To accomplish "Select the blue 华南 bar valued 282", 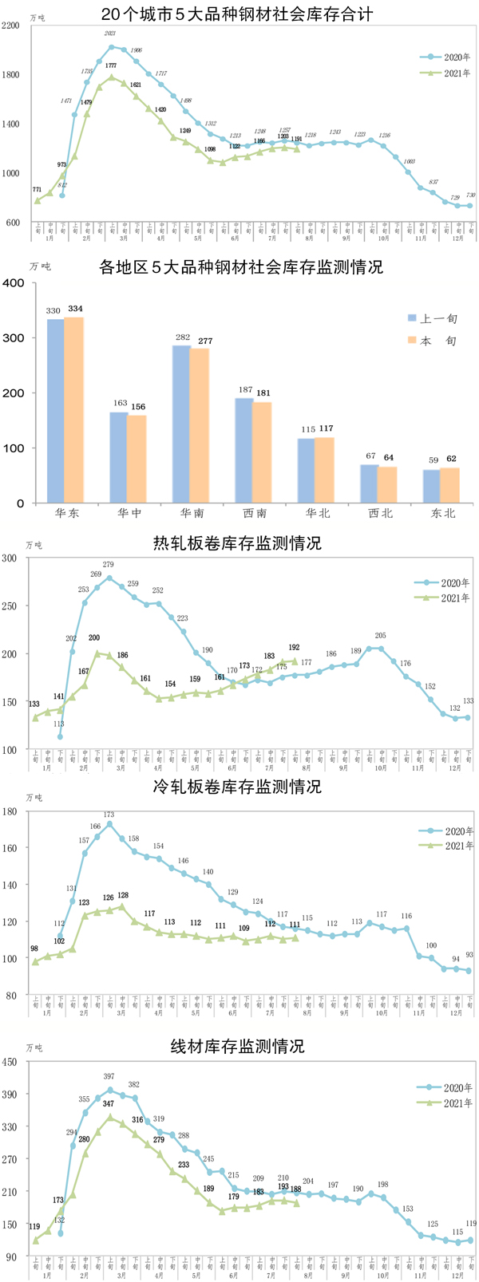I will pos(181,424).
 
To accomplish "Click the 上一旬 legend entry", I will pos(431,318).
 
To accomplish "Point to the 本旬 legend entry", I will pos(431,341).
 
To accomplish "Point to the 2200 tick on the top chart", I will pos(12,26).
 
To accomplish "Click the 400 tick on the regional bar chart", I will pos(12,282).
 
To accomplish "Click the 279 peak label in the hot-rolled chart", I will pos(109,565).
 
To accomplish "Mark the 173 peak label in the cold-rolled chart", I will pos(109,815).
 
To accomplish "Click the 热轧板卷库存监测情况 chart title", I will pos(238,543).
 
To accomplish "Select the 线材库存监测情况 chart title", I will pos(238,1046).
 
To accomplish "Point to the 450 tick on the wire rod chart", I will pos(10,1062).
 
